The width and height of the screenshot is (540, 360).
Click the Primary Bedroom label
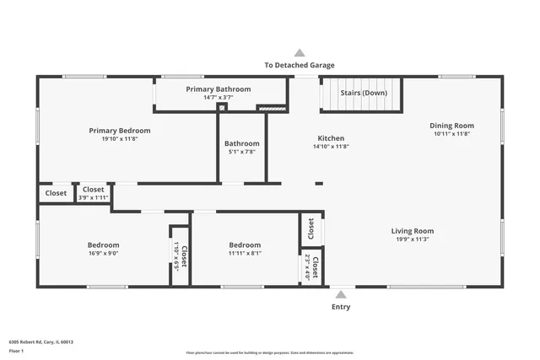coord(120,131)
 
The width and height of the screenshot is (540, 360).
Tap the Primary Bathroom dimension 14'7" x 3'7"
coord(218,98)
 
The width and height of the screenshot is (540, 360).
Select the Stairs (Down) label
coord(364,93)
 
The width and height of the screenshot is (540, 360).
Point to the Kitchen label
coord(330,138)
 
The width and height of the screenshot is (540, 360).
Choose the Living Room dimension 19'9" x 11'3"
coord(412,239)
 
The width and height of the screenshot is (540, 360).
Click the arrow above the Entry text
coord(341,294)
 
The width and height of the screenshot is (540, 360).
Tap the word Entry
coord(341,307)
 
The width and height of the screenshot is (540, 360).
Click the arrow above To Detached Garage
coord(299,52)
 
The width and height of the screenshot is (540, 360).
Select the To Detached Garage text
coord(299,65)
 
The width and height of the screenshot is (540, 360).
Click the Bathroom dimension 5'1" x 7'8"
coord(242,153)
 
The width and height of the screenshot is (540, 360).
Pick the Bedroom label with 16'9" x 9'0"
coord(103,244)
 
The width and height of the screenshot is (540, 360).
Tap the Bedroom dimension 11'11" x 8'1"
coord(245,253)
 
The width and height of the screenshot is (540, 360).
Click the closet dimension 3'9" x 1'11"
coord(93,197)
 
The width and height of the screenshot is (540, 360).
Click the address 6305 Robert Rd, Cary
coord(40,342)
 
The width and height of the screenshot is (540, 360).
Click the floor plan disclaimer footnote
coord(269,353)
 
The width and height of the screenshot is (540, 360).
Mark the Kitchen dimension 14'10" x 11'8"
coord(330,147)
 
